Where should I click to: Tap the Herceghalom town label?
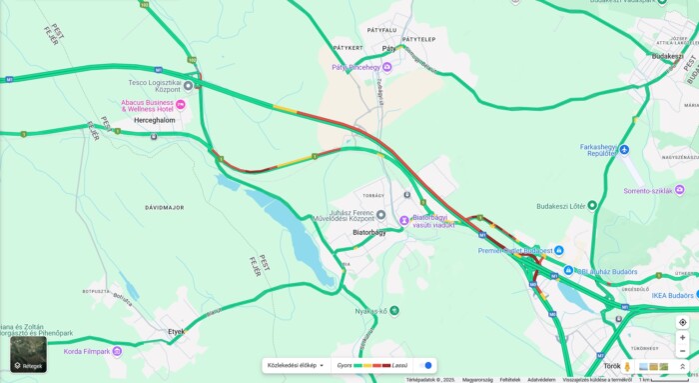[x=155, y=120]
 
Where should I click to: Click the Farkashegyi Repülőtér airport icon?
[x=624, y=150]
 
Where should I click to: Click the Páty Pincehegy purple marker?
[x=386, y=67]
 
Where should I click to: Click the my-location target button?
[x=682, y=323]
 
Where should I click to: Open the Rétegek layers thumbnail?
[x=28, y=353]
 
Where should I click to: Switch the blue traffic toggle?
[x=426, y=365]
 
